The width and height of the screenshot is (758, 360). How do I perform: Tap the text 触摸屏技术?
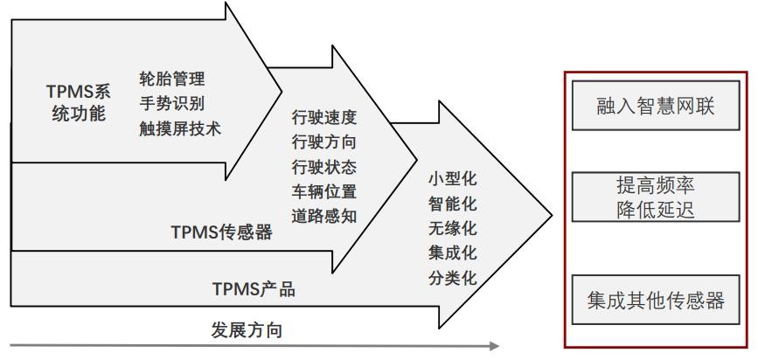click(180, 128)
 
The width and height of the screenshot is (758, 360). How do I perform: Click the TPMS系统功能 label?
click(76, 102)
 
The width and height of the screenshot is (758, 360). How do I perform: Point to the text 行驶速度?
click(323, 116)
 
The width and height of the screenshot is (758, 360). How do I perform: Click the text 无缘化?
click(451, 230)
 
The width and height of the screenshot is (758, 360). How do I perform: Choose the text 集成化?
click(451, 254)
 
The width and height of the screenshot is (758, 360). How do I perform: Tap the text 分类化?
click(451, 279)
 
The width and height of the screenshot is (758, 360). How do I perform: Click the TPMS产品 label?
click(254, 288)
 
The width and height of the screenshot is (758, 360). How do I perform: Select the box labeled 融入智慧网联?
click(656, 107)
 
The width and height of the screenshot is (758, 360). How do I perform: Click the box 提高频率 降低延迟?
click(656, 197)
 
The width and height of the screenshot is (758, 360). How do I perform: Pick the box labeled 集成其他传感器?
click(656, 300)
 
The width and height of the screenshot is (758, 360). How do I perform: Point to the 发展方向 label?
click(247, 330)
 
